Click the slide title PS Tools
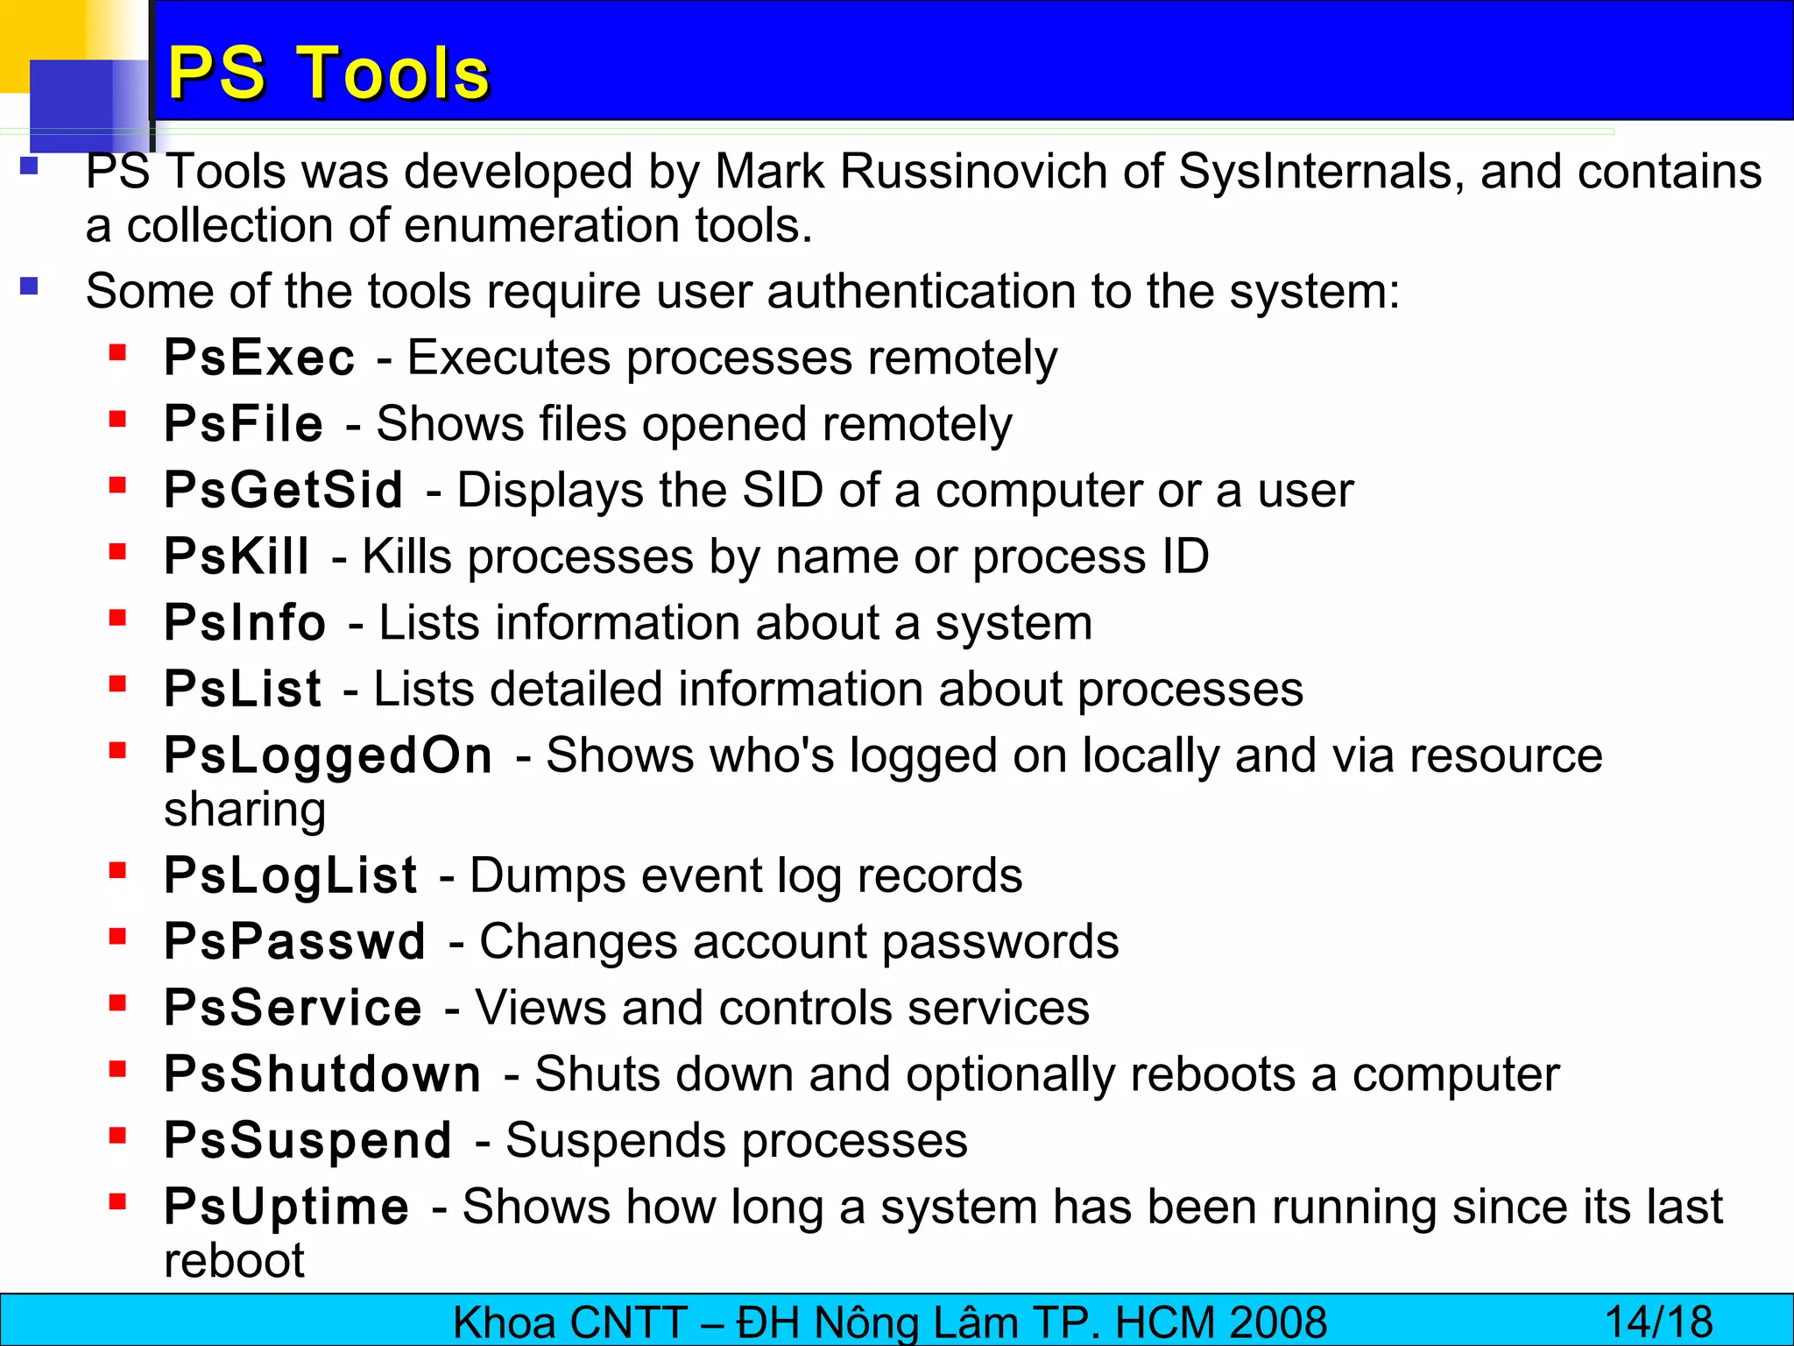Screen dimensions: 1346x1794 (328, 73)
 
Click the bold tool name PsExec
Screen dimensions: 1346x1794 (259, 358)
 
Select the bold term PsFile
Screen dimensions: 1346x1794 (244, 424)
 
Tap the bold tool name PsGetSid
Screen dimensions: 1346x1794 (284, 490)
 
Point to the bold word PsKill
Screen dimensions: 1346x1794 (237, 556)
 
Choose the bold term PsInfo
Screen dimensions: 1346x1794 (245, 623)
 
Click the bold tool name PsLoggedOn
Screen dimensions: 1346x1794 (328, 755)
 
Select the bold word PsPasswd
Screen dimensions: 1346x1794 (294, 942)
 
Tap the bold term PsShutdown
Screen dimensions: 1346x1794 (322, 1074)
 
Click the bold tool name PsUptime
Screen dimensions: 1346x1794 (286, 1207)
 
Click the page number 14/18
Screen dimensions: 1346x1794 (1658, 1321)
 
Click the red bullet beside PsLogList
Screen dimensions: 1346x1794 (118, 870)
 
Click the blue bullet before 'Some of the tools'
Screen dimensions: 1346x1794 (30, 286)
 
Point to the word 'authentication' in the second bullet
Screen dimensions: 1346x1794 (921, 291)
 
